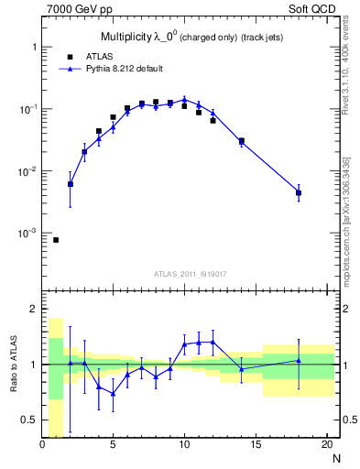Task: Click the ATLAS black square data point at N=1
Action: (56, 240)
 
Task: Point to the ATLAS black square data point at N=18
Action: (299, 192)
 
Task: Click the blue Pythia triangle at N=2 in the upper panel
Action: (71, 184)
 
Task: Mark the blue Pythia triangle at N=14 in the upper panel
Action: (242, 142)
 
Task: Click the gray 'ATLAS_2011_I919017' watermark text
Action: (189, 273)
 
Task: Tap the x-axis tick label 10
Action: (184, 446)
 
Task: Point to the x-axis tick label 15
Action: (256, 446)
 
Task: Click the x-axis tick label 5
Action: (114, 446)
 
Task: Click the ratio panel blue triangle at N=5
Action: (114, 394)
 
